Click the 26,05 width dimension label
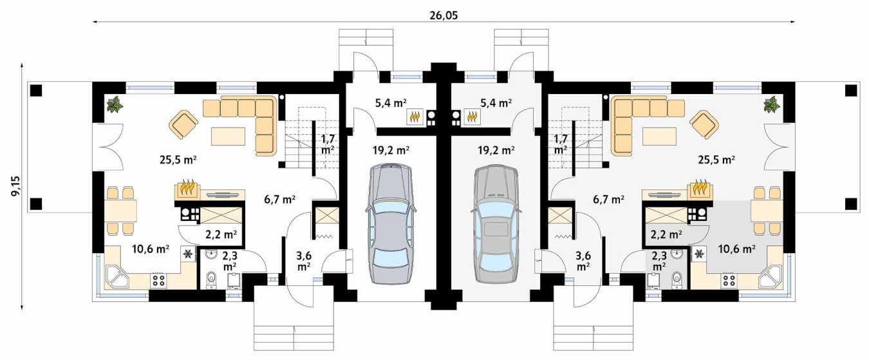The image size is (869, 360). pyautogui.click(x=444, y=15)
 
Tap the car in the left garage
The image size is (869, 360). pyautogui.click(x=391, y=224)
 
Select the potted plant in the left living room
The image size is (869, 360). pyautogui.click(x=115, y=105)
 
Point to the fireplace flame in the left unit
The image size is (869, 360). pyautogui.click(x=188, y=188)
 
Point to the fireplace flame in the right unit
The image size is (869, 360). pyautogui.click(x=700, y=188)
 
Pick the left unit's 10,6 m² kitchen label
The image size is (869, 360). pyautogui.click(x=151, y=249)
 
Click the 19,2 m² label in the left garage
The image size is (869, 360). pyautogui.click(x=391, y=150)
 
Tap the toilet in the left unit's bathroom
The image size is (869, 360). pyautogui.click(x=211, y=279)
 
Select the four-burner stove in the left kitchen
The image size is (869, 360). pyautogui.click(x=158, y=280)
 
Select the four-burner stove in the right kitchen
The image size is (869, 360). pyautogui.click(x=729, y=280)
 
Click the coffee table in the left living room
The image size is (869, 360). pyautogui.click(x=228, y=136)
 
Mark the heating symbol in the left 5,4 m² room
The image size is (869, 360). pyautogui.click(x=415, y=117)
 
